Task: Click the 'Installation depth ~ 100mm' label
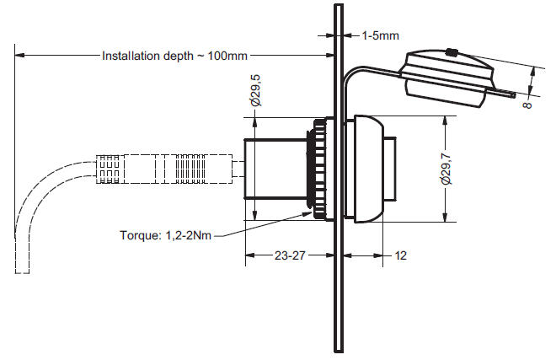click(174, 56)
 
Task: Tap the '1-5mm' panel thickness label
click(380, 35)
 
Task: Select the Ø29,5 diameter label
click(255, 89)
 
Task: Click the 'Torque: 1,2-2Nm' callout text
click(164, 235)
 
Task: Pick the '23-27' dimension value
click(289, 255)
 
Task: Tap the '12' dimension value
click(400, 255)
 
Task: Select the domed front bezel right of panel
click(370, 169)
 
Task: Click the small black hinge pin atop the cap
click(452, 52)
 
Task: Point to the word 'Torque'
click(138, 235)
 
